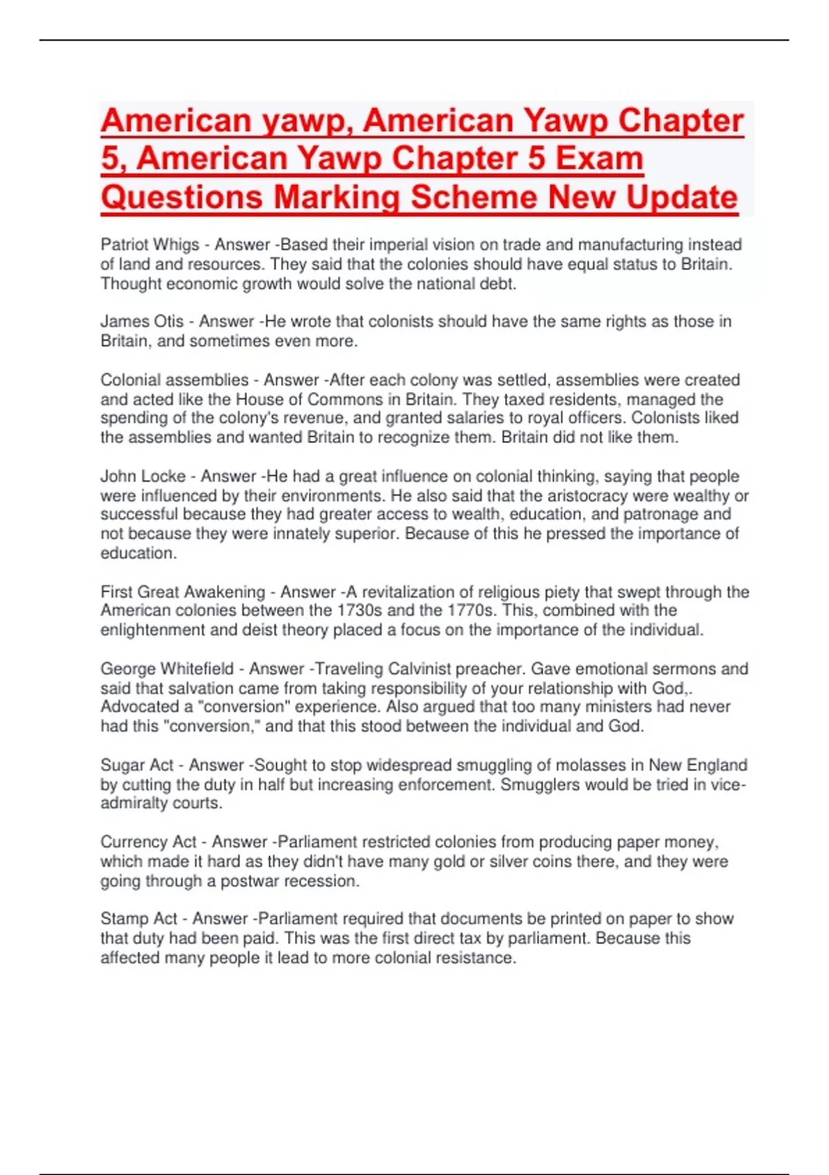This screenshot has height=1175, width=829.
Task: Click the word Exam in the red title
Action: (599, 158)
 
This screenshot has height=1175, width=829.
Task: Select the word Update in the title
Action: (681, 197)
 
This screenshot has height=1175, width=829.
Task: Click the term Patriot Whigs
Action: (149, 245)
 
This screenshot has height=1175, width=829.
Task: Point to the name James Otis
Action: (142, 321)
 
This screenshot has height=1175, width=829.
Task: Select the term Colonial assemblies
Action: (174, 380)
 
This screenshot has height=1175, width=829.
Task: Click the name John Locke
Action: (142, 476)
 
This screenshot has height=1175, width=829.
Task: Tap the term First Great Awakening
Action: (182, 592)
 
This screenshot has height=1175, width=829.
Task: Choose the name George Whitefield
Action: (166, 669)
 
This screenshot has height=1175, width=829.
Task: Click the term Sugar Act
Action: (137, 765)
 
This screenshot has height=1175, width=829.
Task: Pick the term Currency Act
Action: (149, 842)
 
